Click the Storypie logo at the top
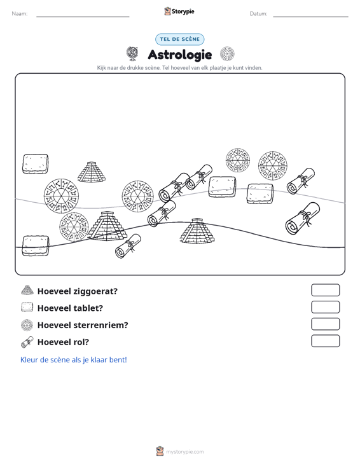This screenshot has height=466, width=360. click(179, 11)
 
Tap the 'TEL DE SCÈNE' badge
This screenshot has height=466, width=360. click(179, 39)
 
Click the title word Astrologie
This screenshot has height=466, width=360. click(180, 55)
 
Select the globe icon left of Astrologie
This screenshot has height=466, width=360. click(132, 54)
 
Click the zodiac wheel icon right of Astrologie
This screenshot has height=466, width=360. click(227, 54)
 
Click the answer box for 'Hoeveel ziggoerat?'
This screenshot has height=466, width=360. click(325, 290)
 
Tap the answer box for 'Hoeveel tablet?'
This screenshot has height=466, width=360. click(325, 307)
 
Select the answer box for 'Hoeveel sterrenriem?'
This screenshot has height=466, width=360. click(325, 324)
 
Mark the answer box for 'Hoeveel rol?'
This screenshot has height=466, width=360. click(325, 341)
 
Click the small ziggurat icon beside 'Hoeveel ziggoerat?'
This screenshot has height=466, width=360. click(27, 290)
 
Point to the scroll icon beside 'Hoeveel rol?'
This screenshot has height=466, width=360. click(27, 342)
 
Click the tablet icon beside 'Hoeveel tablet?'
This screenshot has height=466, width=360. click(27, 307)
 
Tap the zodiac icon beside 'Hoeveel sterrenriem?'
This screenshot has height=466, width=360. click(27, 325)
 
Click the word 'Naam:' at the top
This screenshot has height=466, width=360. click(20, 14)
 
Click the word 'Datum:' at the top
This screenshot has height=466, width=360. click(258, 14)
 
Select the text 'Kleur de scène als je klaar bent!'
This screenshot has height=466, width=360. click(73, 360)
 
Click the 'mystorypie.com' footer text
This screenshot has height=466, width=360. click(184, 452)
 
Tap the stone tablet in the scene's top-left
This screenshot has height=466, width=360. click(36, 164)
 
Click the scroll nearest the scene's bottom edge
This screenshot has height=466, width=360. click(128, 246)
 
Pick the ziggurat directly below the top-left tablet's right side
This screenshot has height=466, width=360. click(92, 172)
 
